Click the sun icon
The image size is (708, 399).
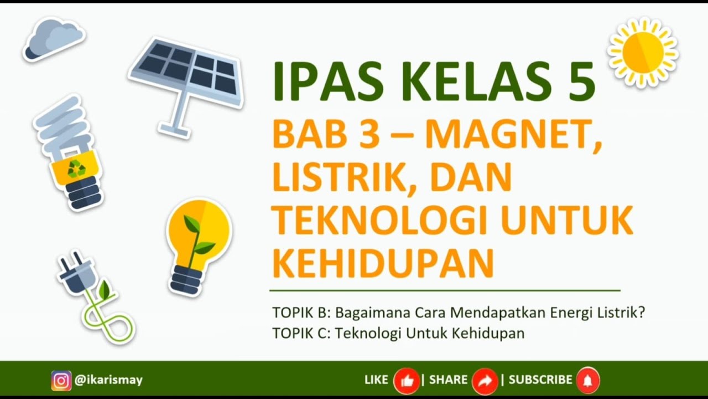643,52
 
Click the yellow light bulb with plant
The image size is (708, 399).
198,244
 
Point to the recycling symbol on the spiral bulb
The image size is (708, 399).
76,168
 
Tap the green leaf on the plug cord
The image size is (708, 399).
103,289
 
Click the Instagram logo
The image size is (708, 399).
61,380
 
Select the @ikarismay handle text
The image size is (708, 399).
108,380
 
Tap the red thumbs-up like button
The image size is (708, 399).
406,381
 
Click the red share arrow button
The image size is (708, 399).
485,381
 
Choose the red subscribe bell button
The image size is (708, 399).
587,381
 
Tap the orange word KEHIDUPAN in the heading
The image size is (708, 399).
383,263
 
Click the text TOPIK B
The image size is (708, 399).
300,313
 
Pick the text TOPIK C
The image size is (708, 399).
300,334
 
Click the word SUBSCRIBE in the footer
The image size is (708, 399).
540,380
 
